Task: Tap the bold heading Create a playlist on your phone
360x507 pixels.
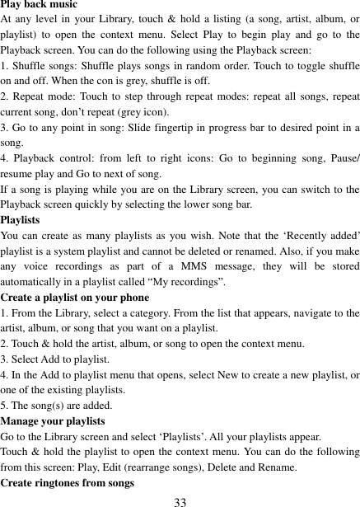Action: [x=75, y=297]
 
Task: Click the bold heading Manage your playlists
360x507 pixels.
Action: [x=58, y=421]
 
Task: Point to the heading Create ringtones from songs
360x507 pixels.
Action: [x=68, y=483]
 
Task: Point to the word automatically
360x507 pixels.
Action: [x=35, y=281]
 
